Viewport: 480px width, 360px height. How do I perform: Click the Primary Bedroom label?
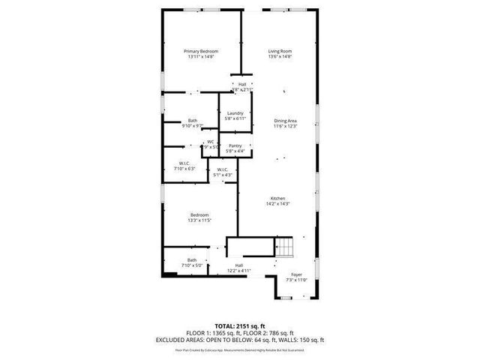pos(201,51)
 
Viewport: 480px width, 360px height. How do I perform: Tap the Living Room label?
pos(280,51)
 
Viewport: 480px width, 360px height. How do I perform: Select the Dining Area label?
pos(285,121)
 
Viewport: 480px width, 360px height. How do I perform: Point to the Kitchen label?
pos(277,198)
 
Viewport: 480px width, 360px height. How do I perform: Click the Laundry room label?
pos(235,113)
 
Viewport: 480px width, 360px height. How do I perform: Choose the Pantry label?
pos(235,145)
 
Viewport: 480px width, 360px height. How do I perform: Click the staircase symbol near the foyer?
pos(286,247)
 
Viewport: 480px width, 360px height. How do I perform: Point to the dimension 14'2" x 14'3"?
pos(277,203)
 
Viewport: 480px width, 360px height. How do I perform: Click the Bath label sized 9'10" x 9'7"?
pos(193,121)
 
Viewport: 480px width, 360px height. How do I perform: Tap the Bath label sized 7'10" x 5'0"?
pos(192,260)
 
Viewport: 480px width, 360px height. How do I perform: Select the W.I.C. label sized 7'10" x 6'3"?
pos(184,163)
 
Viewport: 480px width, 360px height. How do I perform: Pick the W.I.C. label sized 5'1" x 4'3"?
pos(222,169)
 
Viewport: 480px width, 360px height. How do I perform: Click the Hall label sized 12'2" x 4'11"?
pos(238,265)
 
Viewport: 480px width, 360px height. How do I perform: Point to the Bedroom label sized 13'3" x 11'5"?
pos(199,215)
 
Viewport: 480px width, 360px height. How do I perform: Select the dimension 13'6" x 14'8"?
pos(280,56)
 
